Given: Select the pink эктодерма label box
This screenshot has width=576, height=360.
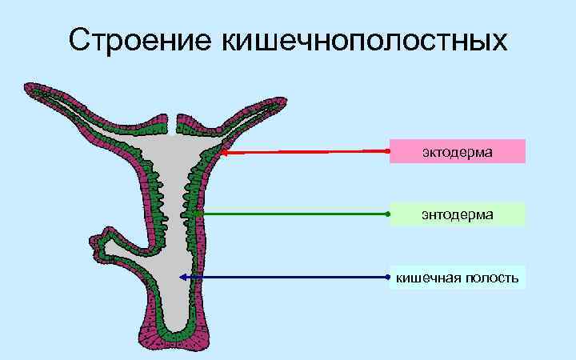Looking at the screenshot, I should click(457, 151).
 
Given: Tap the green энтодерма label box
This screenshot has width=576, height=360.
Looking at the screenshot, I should click(457, 214).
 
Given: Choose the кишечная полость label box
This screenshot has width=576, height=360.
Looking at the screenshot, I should click(457, 277).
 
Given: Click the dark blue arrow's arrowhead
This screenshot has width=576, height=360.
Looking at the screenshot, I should click(183, 277).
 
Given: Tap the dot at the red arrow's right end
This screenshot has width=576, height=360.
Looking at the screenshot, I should click(387, 150).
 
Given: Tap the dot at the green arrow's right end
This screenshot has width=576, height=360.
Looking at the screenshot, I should click(387, 214).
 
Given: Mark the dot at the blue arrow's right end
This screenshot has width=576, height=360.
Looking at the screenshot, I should click(387, 277).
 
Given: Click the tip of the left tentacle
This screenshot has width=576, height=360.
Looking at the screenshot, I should click(30, 87).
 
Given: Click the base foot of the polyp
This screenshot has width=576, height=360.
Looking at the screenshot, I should click(172, 340).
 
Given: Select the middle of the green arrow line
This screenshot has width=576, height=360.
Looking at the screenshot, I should click(290, 214).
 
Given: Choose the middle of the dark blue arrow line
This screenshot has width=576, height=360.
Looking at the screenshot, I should click(285, 277).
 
